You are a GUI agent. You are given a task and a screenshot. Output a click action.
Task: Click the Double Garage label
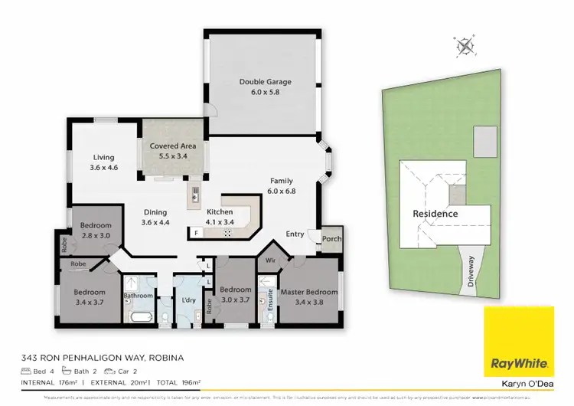click(x=265, y=82)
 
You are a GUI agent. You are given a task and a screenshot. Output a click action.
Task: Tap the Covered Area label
click(x=173, y=146)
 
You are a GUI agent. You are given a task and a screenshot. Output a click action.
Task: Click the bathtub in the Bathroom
click(x=139, y=318)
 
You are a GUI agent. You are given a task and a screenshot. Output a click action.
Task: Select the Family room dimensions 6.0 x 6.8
click(x=282, y=192)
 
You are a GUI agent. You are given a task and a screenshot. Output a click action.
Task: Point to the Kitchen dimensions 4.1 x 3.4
click(x=219, y=222)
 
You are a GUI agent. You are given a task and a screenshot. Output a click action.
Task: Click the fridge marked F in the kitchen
click(x=196, y=232)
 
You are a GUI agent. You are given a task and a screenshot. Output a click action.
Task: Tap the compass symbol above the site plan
click(x=465, y=47)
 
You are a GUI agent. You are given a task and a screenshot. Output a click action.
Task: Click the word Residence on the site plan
click(x=435, y=214)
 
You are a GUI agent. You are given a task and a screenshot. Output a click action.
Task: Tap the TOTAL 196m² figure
click(x=179, y=381)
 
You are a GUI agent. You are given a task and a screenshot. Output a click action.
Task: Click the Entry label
click(x=295, y=234)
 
